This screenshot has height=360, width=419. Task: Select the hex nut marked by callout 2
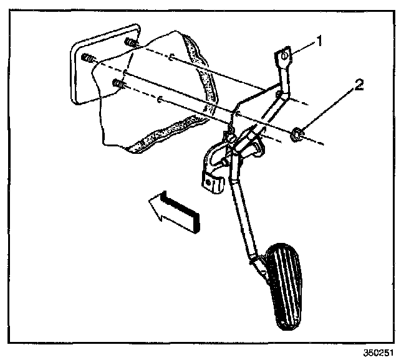click(297, 133)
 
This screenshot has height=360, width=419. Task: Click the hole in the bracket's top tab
click(284, 56)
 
